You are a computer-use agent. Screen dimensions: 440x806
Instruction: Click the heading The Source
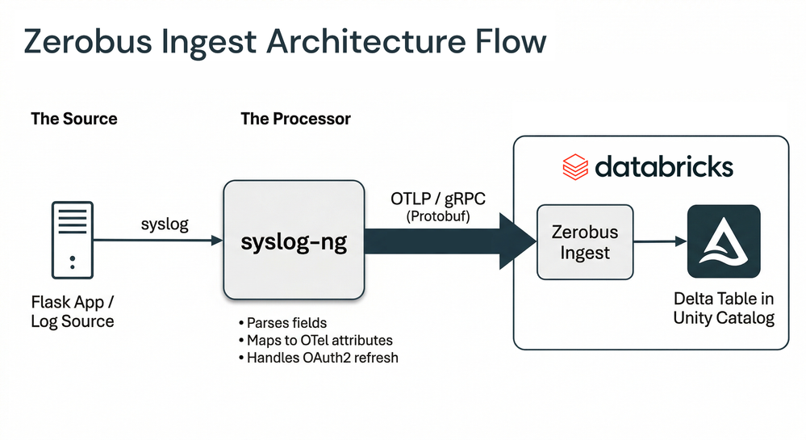[x=74, y=119]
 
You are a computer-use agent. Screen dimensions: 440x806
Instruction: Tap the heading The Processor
[x=295, y=119]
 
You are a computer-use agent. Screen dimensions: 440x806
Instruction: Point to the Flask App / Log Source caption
[x=73, y=312]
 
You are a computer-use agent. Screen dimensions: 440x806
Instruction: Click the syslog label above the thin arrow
[x=164, y=224]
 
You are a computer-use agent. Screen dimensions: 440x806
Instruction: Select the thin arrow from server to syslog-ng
[x=161, y=241]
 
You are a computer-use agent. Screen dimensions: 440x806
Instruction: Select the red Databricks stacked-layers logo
[x=575, y=167]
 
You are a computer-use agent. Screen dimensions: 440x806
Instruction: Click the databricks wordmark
[x=663, y=167]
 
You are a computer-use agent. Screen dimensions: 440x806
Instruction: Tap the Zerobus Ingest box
[x=585, y=241]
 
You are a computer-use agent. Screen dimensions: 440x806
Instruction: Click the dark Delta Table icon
[x=724, y=241]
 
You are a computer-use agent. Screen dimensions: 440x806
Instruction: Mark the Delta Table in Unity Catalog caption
[x=724, y=309]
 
